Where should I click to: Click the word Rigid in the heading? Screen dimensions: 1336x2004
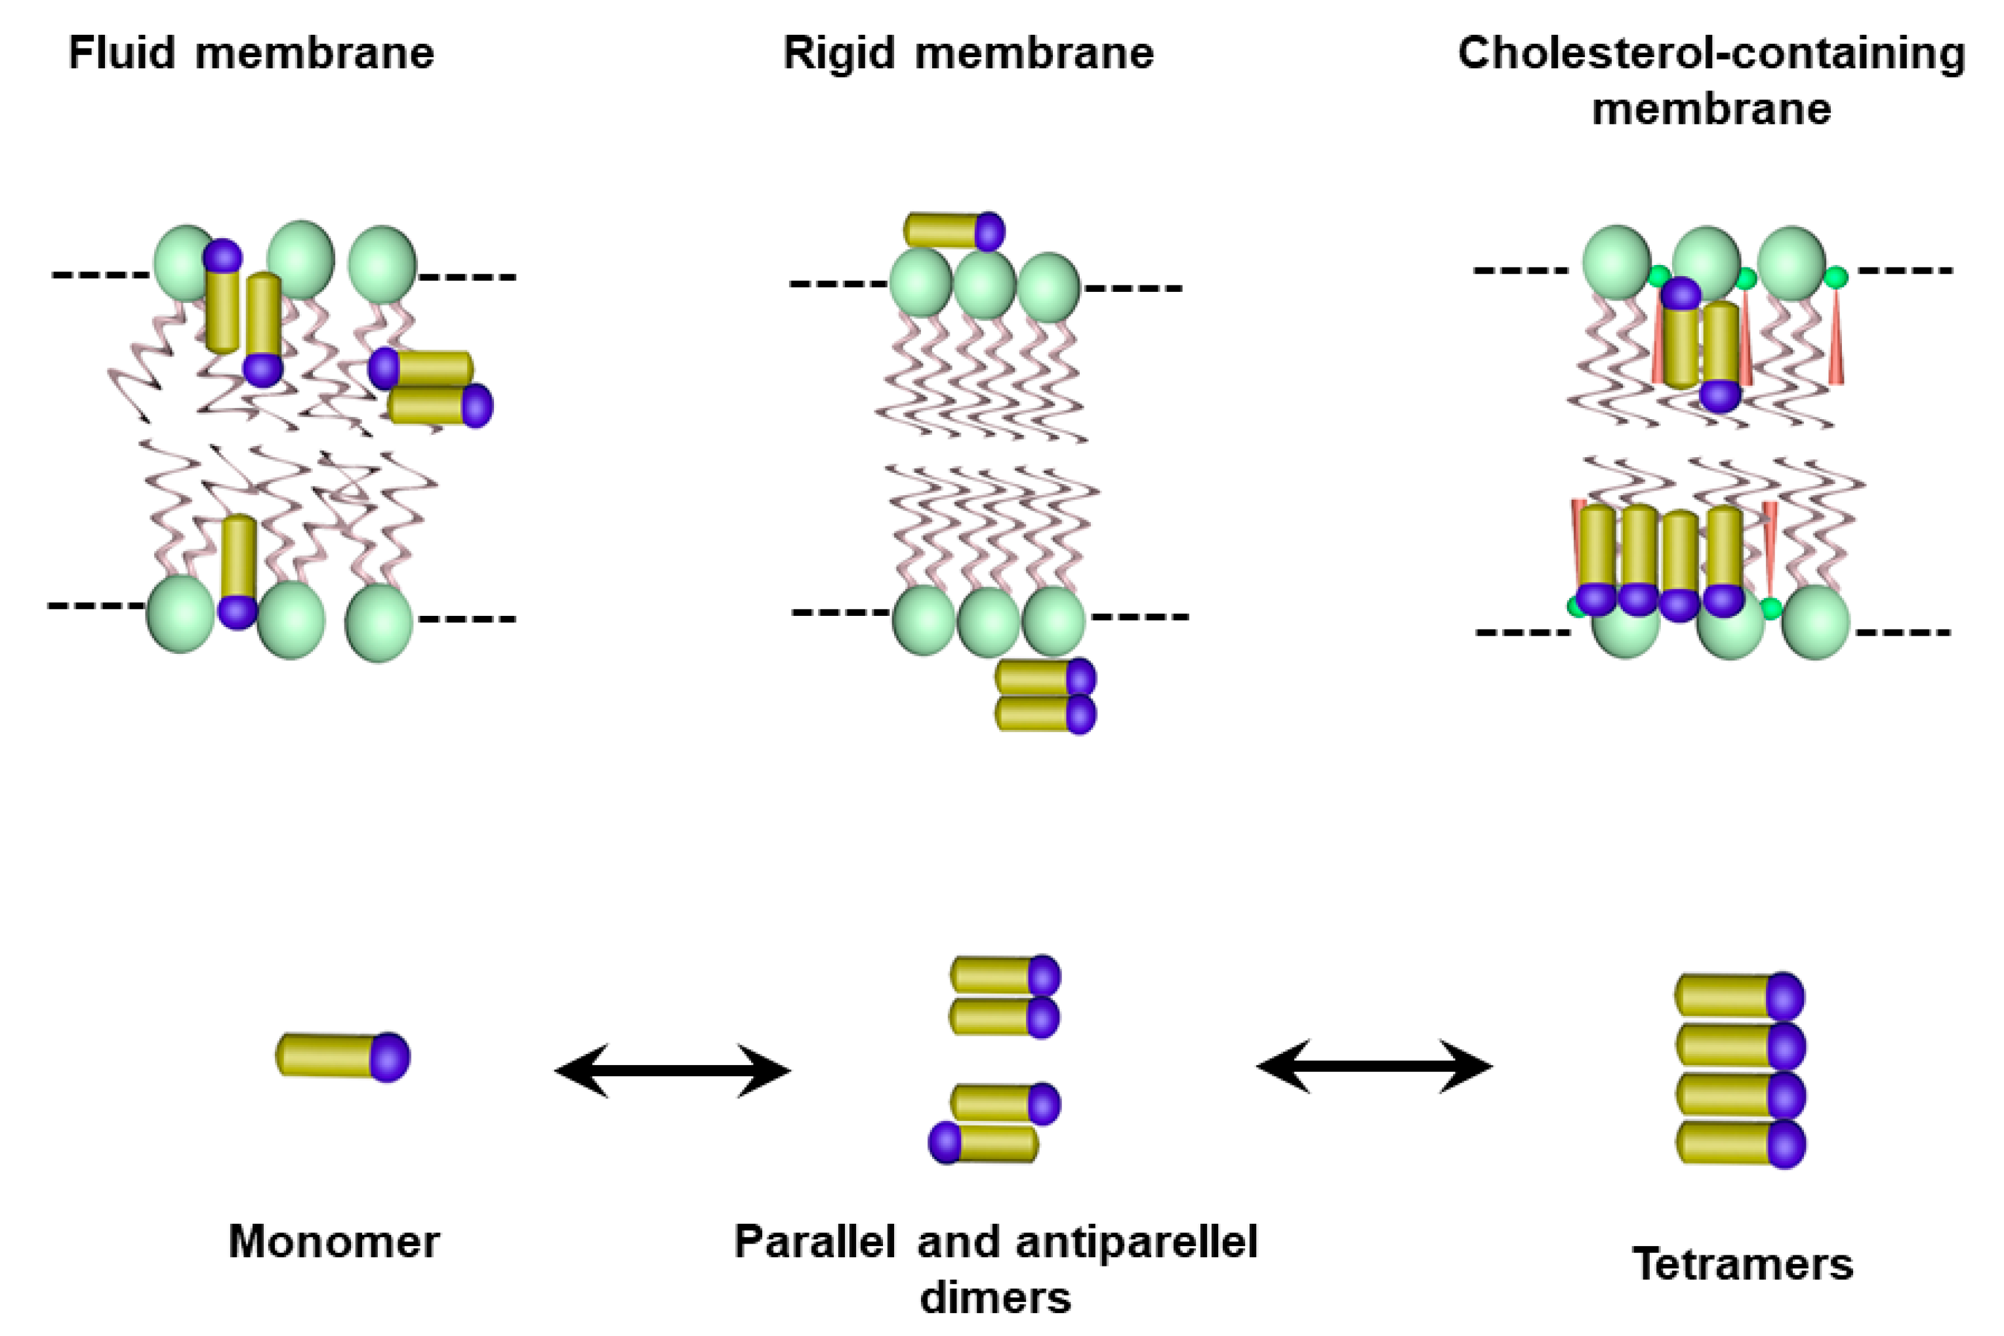pyautogui.click(x=838, y=53)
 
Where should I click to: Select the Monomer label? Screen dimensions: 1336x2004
pyautogui.click(x=334, y=1242)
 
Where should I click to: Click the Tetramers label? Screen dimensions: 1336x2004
pyautogui.click(x=1742, y=1264)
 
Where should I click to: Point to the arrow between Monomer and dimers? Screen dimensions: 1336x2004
pyautogui.click(x=672, y=1070)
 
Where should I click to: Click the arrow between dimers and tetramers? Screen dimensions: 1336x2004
pyautogui.click(x=1374, y=1065)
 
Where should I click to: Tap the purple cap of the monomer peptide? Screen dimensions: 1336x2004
pyautogui.click(x=390, y=1057)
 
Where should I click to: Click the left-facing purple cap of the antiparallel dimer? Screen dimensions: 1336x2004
pyautogui.click(x=944, y=1143)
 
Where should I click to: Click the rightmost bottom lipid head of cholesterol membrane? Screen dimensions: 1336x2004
pyautogui.click(x=1815, y=622)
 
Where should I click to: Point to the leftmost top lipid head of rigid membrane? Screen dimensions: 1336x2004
pyautogui.click(x=920, y=284)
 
